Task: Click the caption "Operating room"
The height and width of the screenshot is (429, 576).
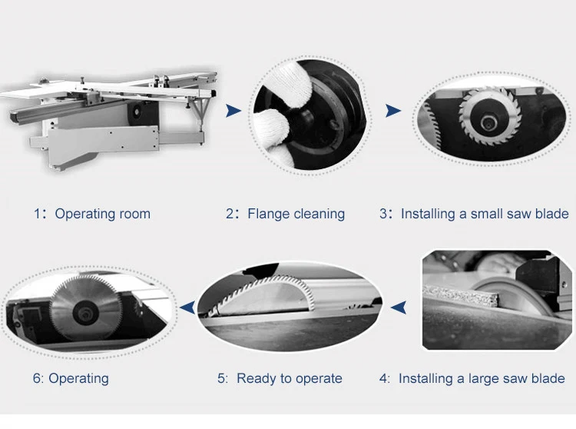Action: point(102,214)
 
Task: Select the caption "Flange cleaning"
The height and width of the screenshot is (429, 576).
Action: point(296,214)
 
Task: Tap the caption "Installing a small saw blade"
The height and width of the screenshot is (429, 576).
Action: point(484,214)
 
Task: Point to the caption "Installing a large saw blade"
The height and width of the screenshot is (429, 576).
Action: point(482,378)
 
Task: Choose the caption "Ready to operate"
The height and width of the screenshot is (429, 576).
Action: point(289,378)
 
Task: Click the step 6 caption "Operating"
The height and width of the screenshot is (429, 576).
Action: point(78,378)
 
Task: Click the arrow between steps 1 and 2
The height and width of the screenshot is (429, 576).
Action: point(233,111)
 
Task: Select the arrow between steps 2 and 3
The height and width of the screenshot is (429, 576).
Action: point(393,111)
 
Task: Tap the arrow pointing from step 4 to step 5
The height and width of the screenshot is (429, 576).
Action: point(398,308)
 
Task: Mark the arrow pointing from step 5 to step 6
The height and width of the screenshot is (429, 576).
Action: point(187,308)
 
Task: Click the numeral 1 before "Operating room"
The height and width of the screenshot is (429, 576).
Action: point(37,214)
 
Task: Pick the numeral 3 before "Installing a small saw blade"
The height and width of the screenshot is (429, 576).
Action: point(383,214)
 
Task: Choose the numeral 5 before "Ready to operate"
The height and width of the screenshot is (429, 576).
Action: point(221,378)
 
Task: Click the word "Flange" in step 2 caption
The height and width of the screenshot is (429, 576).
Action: point(270,214)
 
